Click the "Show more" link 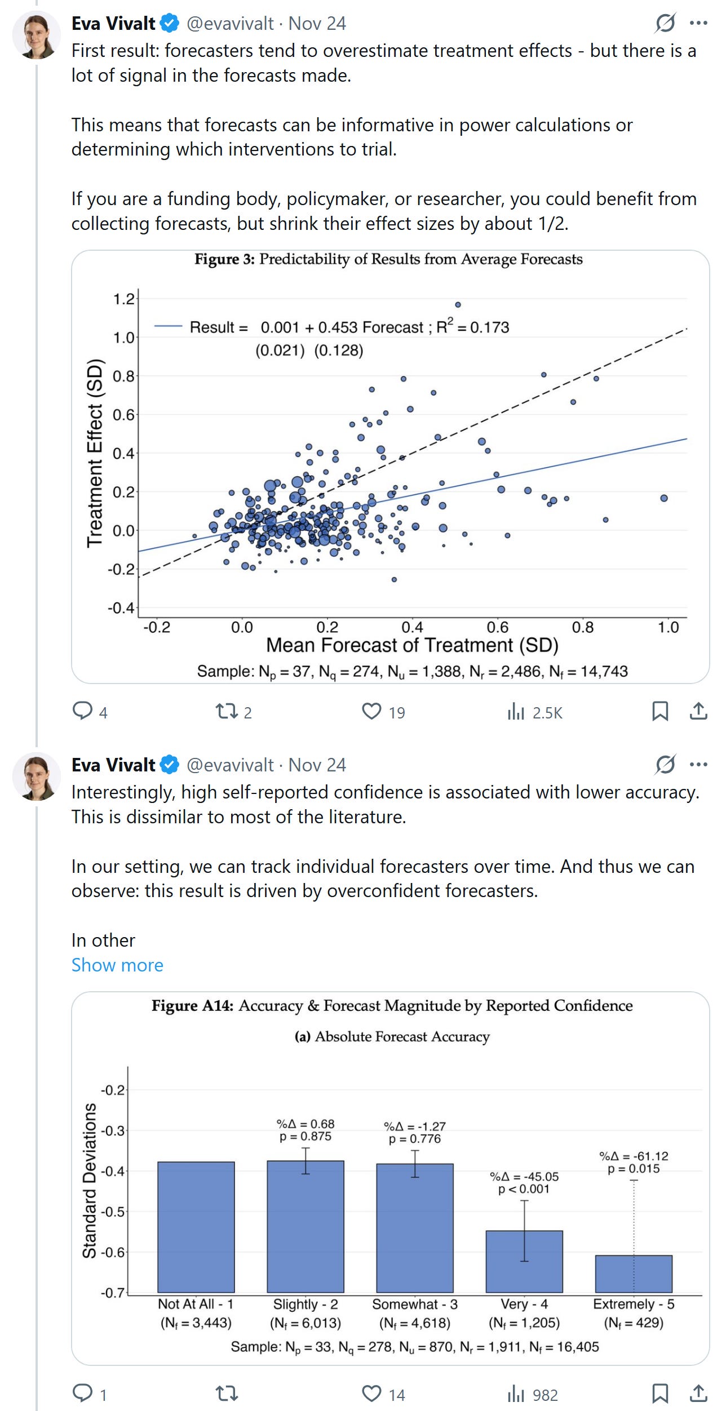(x=117, y=965)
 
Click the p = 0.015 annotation (x=634, y=1169)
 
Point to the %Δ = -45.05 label (x=524, y=1177)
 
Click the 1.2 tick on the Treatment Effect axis (x=123, y=299)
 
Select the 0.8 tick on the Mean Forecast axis (x=583, y=627)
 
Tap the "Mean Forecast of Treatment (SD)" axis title (x=412, y=645)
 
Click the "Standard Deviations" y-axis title (x=90, y=1181)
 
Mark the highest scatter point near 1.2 (x=458, y=305)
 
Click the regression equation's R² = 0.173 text (x=473, y=327)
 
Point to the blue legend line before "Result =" (x=168, y=326)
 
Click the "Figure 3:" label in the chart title (x=224, y=259)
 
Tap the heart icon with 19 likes (x=371, y=712)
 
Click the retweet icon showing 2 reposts (x=227, y=712)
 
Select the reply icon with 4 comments (x=82, y=711)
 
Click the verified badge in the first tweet (x=169, y=24)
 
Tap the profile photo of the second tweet (x=37, y=775)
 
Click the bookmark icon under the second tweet (x=660, y=1394)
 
